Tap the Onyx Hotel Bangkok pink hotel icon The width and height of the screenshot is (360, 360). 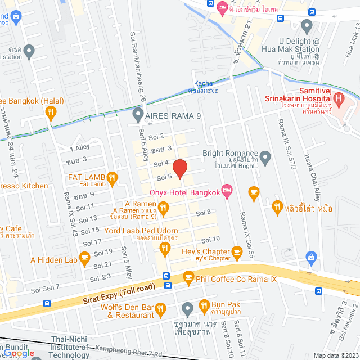pos(227,192)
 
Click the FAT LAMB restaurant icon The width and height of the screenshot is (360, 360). pos(112,179)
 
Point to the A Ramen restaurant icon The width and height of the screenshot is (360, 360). pos(164,210)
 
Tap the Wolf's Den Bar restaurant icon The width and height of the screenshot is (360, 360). pos(160,308)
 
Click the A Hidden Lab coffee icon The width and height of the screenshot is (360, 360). pos(85,259)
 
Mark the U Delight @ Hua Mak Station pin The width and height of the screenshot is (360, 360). pos(307,25)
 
